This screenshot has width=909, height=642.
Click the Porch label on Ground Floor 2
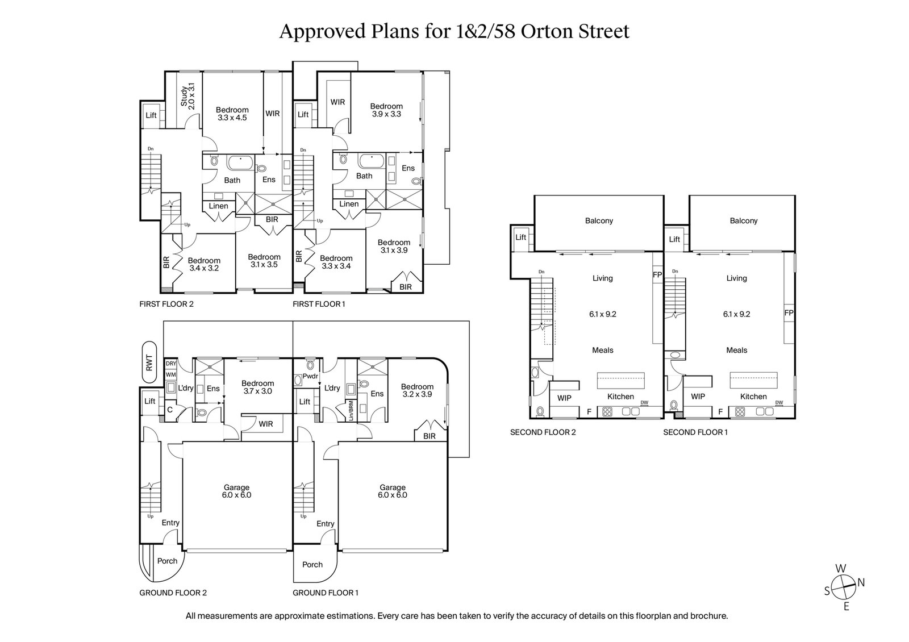[167, 561]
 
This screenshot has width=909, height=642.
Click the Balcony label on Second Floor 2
[599, 220]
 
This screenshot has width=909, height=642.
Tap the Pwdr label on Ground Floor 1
[310, 376]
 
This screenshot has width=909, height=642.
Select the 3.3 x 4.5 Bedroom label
[232, 114]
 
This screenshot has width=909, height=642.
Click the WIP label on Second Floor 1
[698, 397]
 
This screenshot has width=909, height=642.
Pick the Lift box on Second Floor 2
[521, 238]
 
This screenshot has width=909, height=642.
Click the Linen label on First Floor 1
[349, 204]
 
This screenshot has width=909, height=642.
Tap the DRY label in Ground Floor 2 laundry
[170, 364]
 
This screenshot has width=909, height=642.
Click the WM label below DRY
[170, 375]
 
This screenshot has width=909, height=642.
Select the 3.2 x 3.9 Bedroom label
[418, 390]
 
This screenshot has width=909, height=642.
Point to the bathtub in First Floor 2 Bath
[241, 163]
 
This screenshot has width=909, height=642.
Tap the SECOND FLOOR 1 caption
[695, 432]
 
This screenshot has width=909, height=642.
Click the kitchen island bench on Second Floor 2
[620, 379]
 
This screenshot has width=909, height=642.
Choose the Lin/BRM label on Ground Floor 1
[351, 410]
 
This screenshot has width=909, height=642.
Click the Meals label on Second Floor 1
[736, 351]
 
